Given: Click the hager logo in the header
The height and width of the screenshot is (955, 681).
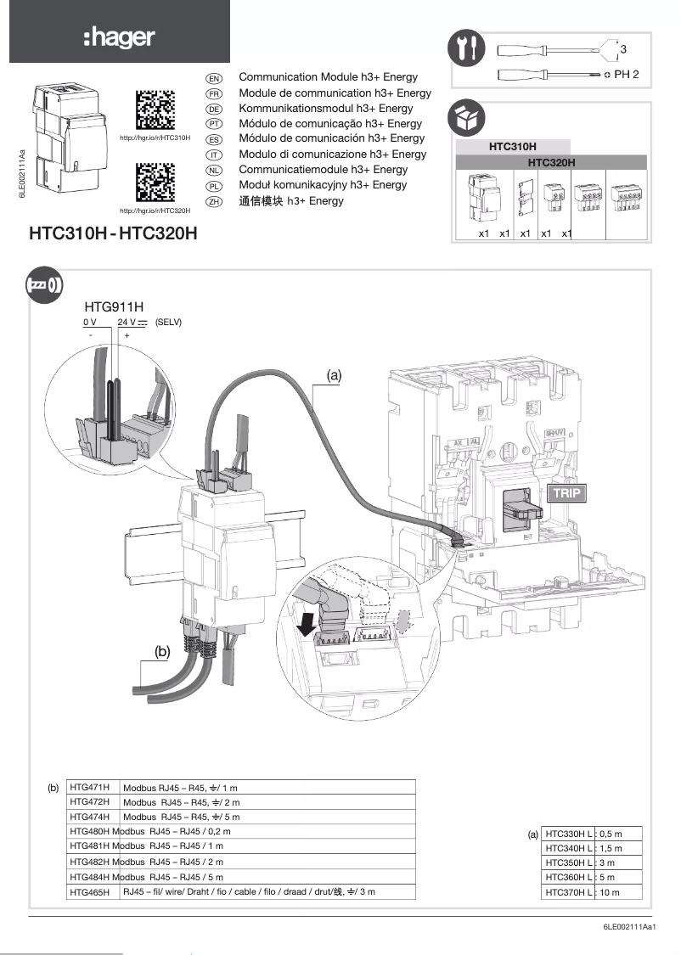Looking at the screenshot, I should click(x=119, y=37).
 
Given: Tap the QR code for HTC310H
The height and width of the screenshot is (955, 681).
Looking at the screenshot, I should click(x=155, y=109).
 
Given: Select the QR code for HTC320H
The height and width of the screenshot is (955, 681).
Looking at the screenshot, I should click(x=155, y=182).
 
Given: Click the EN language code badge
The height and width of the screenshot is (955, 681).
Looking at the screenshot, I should click(x=215, y=78).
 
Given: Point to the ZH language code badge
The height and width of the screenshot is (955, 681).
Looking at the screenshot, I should click(x=215, y=201).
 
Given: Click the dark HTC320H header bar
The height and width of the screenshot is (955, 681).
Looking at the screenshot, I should click(x=552, y=162).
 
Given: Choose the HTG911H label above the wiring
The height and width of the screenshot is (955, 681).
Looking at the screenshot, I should click(x=114, y=306).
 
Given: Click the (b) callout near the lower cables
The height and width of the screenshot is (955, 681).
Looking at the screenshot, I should click(x=164, y=651).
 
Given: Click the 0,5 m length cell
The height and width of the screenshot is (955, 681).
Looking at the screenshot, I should click(x=619, y=834).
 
